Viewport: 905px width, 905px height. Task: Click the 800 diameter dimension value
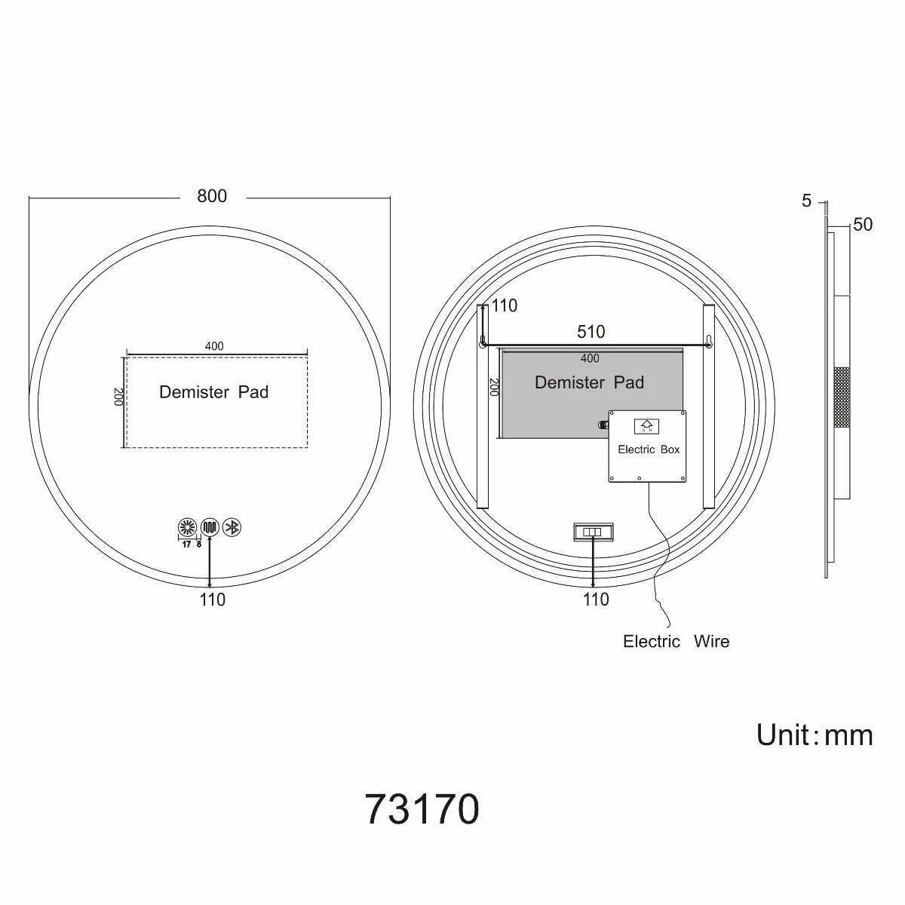coord(212,196)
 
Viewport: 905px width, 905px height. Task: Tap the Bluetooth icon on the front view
coord(234,527)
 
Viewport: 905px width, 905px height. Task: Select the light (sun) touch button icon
coord(186,527)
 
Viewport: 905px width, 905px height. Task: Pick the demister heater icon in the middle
coord(210,527)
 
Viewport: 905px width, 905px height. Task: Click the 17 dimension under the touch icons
coord(186,544)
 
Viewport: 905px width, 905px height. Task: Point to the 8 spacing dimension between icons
coord(199,544)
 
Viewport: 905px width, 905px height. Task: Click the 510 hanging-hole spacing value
coord(591,332)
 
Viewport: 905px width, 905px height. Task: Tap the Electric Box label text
coord(649,449)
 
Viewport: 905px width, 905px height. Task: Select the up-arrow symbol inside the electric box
coord(646,425)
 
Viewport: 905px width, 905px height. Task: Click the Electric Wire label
coord(676,642)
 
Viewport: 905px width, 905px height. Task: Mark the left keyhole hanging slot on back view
coord(483,342)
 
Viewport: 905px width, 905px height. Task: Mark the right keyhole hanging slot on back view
coord(707,342)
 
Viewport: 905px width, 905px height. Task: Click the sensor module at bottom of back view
coord(593,532)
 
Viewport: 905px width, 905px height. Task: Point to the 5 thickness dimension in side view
coord(807,201)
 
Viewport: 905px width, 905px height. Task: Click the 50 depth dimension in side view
coord(863,225)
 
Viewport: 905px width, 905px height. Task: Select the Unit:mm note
coord(814,735)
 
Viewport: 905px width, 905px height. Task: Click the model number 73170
coord(422,810)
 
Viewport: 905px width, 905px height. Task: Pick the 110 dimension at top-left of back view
coord(505,305)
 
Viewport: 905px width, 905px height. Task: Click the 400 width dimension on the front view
coord(214,346)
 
